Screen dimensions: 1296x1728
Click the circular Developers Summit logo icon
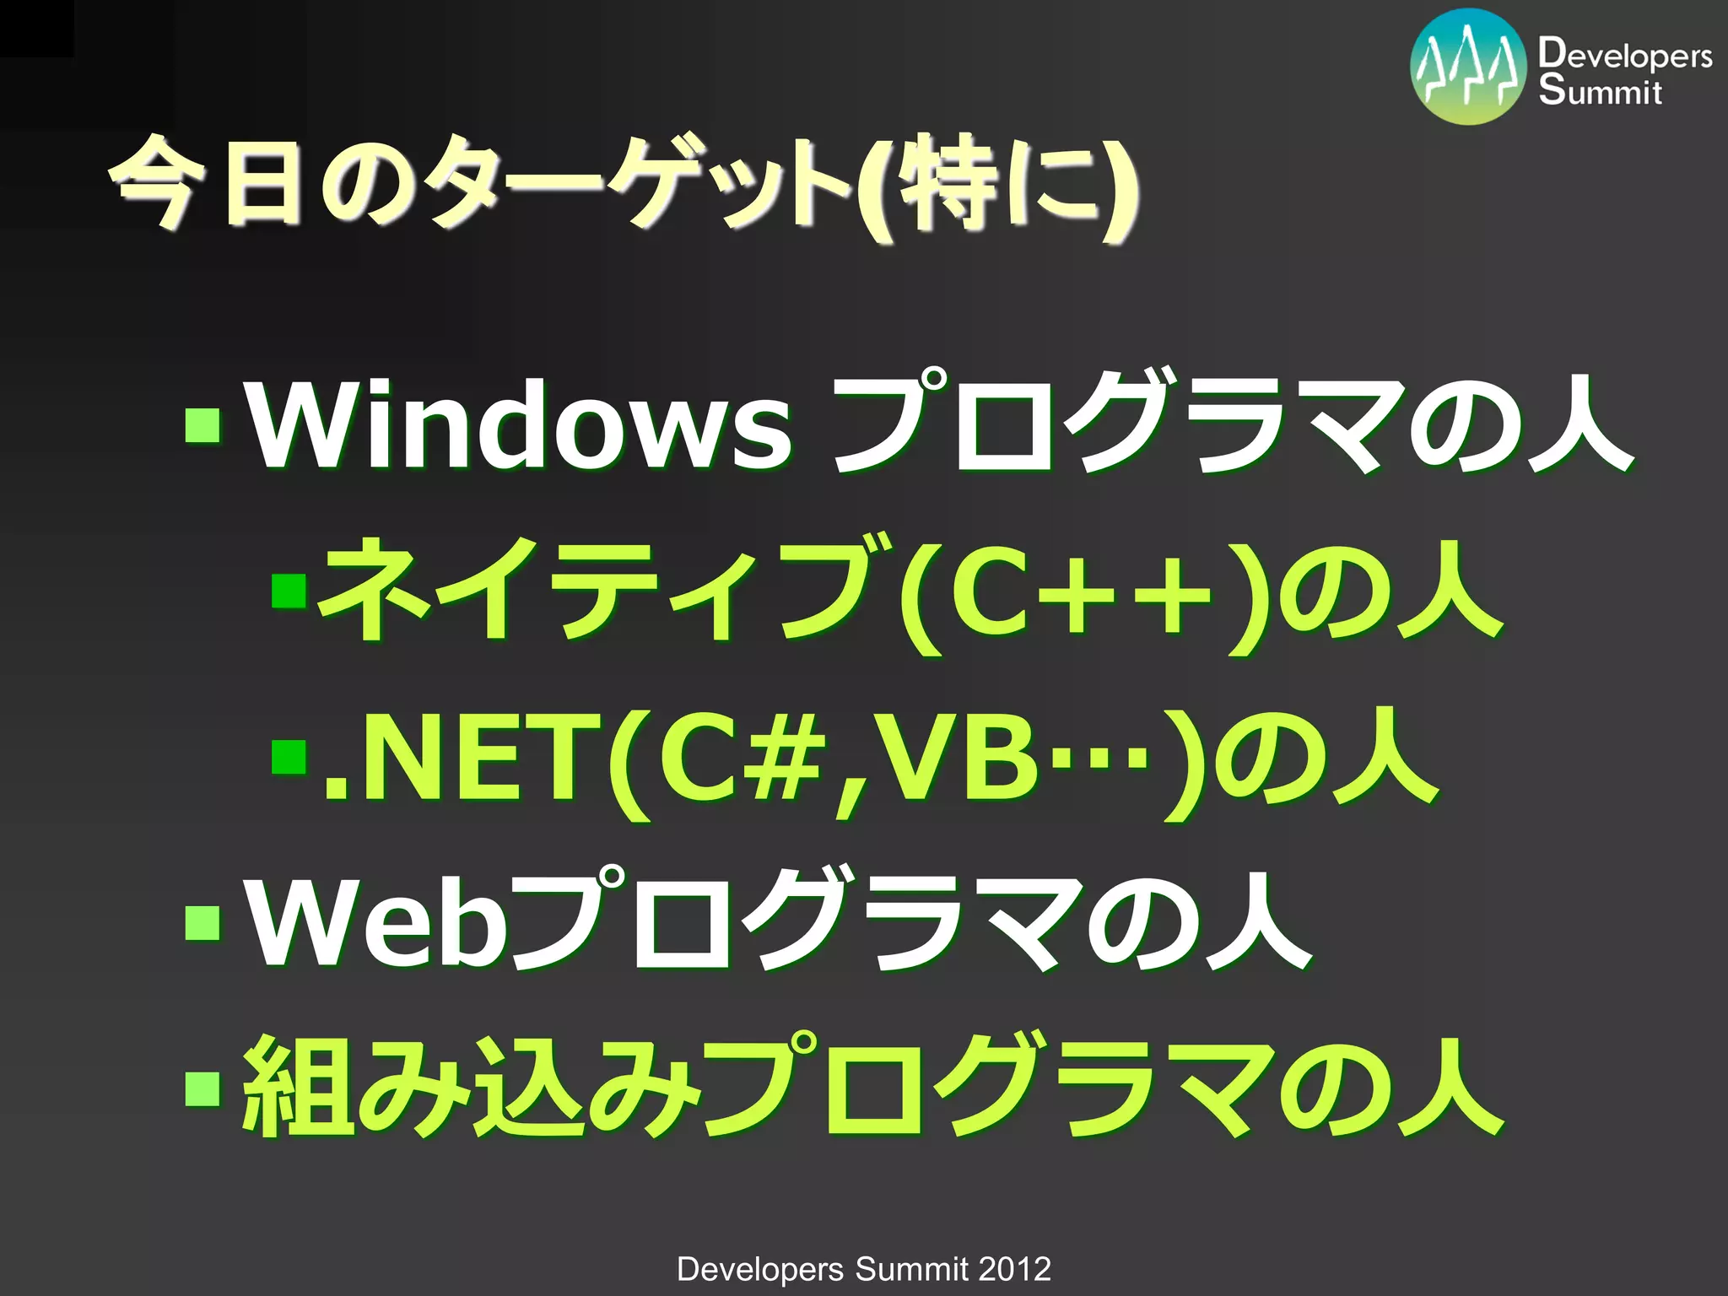click(x=1468, y=67)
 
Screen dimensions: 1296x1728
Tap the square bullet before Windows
click(x=202, y=425)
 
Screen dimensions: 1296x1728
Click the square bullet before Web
click(x=202, y=921)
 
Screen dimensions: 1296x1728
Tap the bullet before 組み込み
click(x=202, y=1088)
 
